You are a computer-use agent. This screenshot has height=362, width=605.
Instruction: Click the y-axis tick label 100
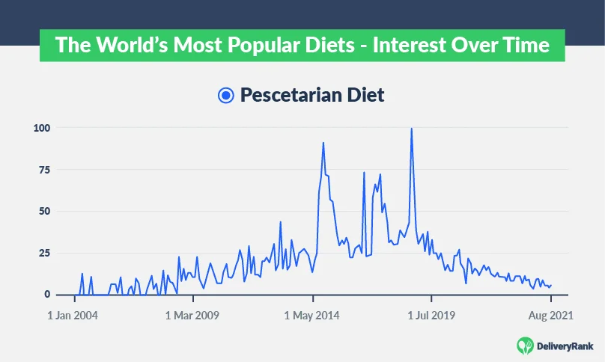tap(40, 128)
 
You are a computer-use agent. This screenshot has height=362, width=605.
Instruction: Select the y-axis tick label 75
tap(44, 170)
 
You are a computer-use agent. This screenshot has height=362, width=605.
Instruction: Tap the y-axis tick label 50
tap(44, 212)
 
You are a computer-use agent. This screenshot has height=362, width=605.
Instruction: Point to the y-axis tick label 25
tap(44, 254)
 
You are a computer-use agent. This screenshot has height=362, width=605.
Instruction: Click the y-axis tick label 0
tap(47, 295)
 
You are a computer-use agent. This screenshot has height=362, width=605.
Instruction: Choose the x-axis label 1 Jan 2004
tap(73, 316)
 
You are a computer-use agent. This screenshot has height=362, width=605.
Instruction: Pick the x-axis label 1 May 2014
tap(312, 316)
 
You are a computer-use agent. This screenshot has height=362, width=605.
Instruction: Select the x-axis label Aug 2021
tap(550, 316)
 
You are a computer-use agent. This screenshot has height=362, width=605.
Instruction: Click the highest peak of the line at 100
tap(411, 129)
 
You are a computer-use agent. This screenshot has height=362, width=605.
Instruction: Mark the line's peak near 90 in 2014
tap(323, 143)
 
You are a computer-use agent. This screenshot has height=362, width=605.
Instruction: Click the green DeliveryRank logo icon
tap(525, 345)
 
